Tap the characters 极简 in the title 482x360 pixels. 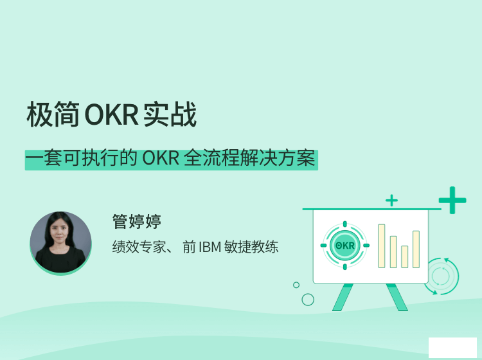pos(54,115)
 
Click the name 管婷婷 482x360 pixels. pos(136,222)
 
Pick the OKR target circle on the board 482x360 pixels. pos(344,245)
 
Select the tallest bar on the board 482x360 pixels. pos(382,246)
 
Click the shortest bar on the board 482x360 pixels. pos(404,256)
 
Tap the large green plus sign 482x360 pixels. pos(452,200)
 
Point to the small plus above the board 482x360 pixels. pos(391,201)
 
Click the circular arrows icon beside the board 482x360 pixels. pos(441,276)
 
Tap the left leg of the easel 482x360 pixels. pos(341,298)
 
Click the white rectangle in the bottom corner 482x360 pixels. pos(452,348)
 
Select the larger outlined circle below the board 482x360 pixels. pos(308,300)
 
